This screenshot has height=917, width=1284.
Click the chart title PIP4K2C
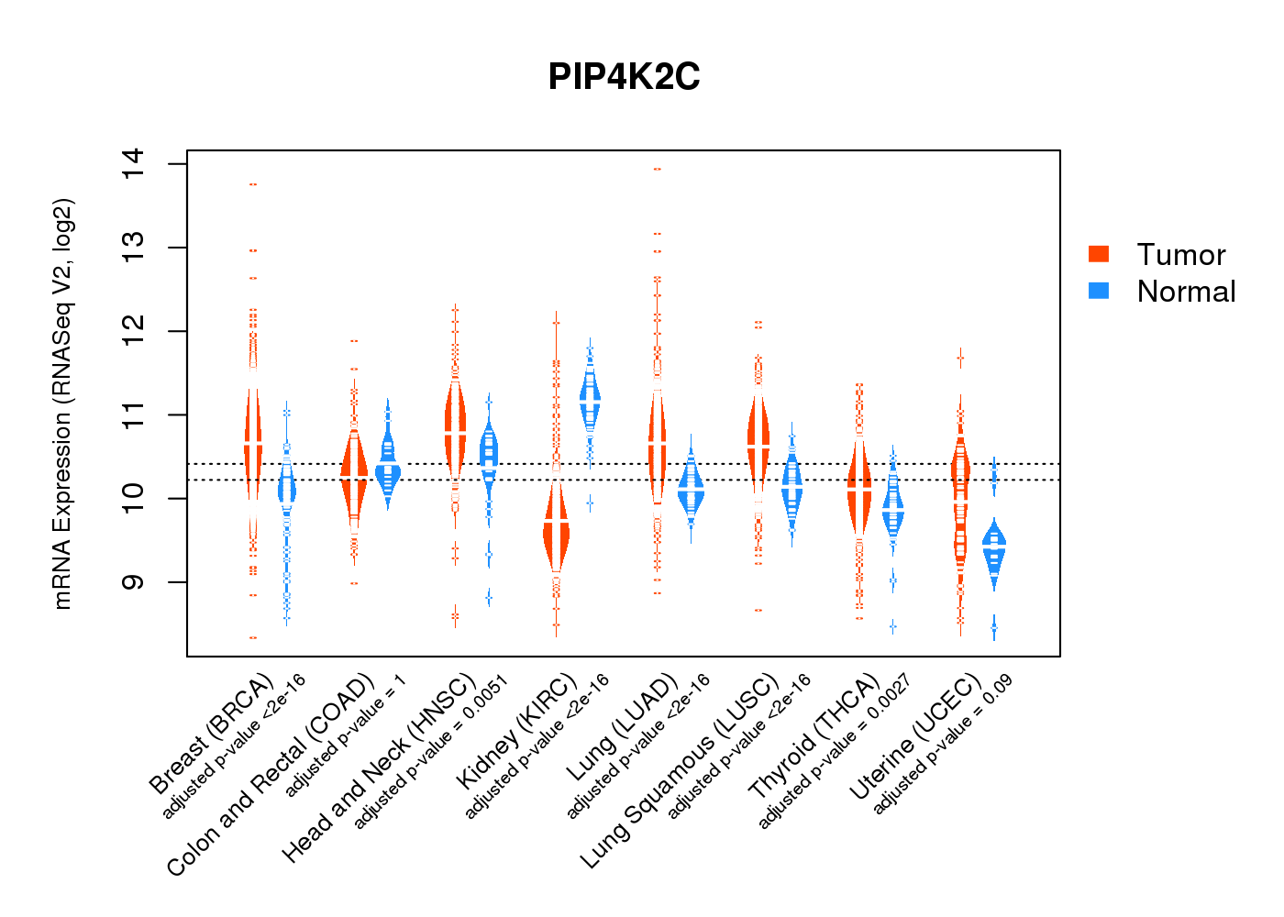[624, 77]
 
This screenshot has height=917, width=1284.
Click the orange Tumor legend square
[1098, 254]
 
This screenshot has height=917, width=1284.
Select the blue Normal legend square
[1098, 291]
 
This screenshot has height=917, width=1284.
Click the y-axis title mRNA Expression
[62, 403]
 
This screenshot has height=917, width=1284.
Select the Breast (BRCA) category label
[212, 734]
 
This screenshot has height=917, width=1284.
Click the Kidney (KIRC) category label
[517, 731]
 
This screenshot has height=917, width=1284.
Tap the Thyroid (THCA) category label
[814, 737]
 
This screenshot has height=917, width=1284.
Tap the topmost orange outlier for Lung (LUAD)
[657, 170]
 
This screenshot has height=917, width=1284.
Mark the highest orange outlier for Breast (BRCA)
[253, 184]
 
